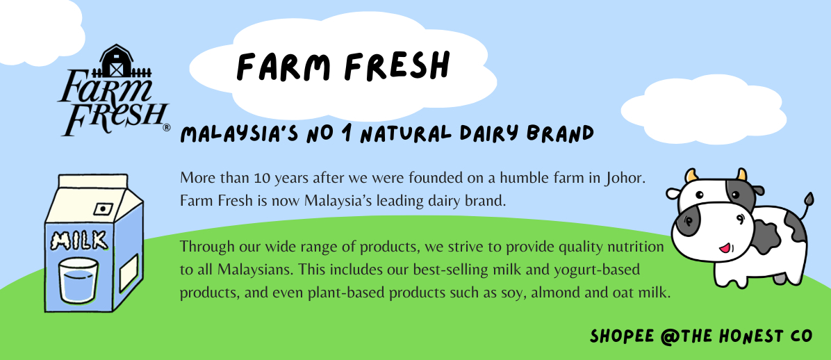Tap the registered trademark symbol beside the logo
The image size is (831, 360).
tap(167, 128)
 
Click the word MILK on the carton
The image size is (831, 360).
tap(79, 242)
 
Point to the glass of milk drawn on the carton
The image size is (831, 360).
tap(78, 280)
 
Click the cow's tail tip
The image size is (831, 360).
tap(809, 198)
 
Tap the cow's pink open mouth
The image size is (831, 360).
tap(725, 247)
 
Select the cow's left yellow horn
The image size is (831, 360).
tap(691, 175)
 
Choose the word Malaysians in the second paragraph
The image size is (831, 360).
tap(255, 270)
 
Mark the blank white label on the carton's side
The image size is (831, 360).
tap(129, 273)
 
